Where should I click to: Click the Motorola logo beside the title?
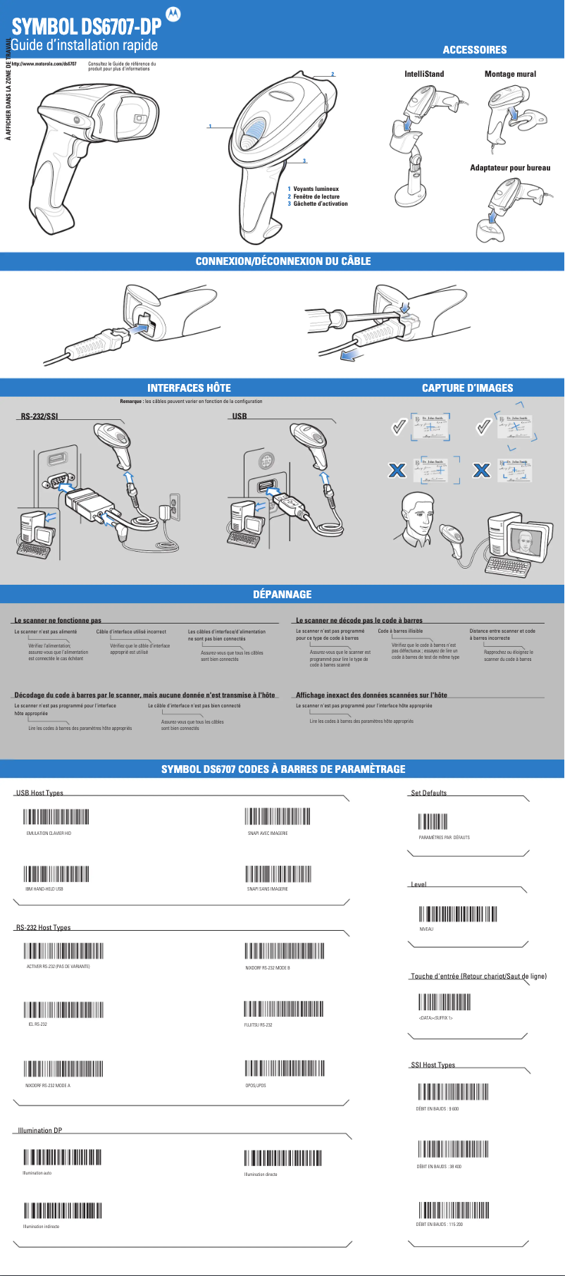(x=173, y=14)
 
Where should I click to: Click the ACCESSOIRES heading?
(x=474, y=49)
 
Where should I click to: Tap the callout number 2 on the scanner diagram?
(x=333, y=74)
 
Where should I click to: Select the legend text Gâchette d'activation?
(x=321, y=204)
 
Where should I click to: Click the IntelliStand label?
(x=424, y=74)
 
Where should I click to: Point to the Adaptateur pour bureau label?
(x=510, y=168)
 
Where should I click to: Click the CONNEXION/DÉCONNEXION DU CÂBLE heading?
(x=282, y=261)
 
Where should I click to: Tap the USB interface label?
(x=240, y=416)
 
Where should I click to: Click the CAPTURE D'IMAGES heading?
(x=467, y=388)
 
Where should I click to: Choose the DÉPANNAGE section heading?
(x=282, y=594)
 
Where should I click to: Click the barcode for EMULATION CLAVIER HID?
(x=56, y=816)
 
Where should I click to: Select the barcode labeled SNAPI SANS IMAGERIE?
(x=278, y=873)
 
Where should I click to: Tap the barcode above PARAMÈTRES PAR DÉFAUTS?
(x=433, y=822)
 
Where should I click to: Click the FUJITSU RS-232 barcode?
(x=283, y=1008)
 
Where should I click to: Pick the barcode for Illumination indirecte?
(x=63, y=1210)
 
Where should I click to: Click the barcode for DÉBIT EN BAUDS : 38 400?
(x=453, y=1149)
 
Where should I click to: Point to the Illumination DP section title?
(x=40, y=1130)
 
